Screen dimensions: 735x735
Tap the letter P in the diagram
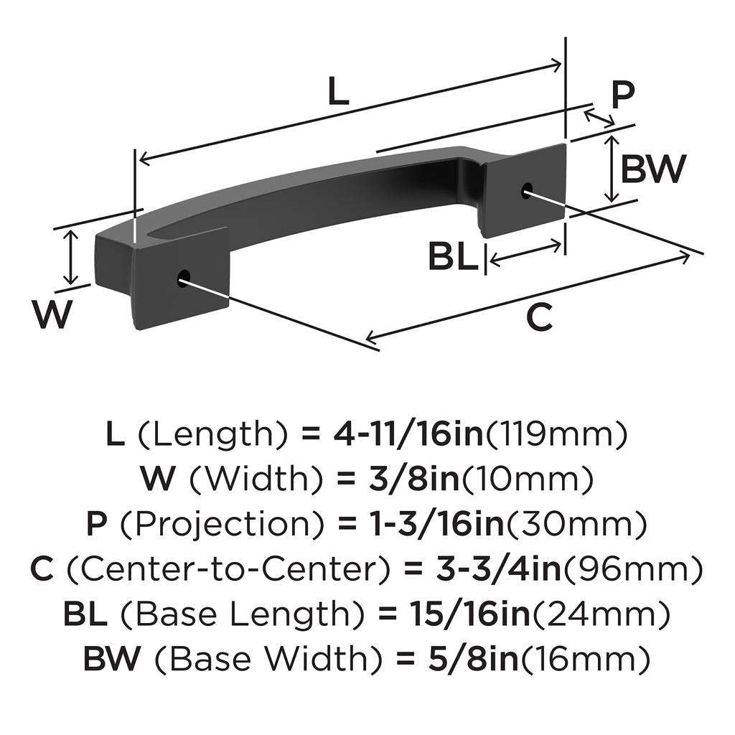(624, 94)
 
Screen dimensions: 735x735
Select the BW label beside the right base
(652, 170)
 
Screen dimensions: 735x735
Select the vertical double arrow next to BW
(610, 169)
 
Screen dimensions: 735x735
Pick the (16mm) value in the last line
(583, 658)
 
